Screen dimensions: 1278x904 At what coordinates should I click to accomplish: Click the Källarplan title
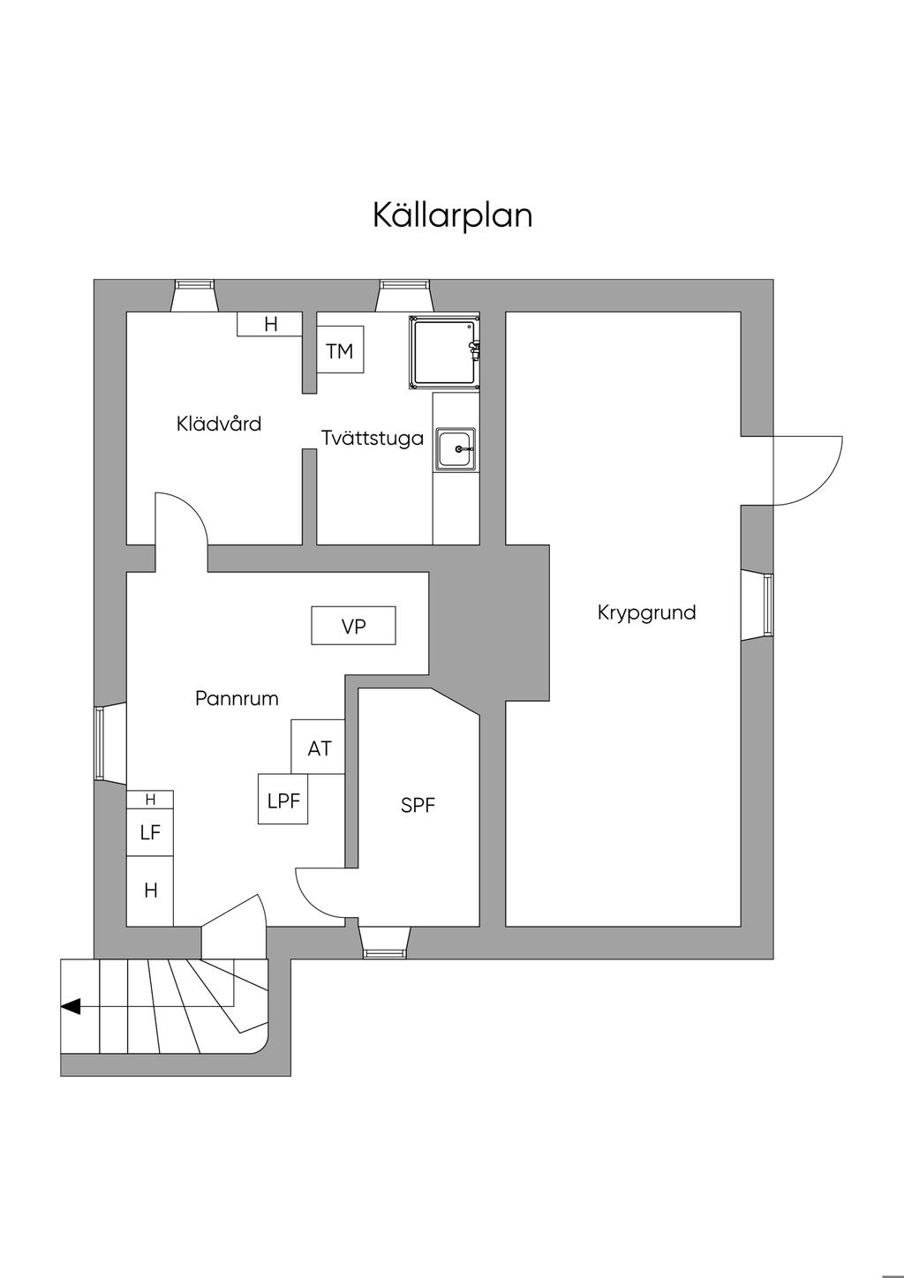click(452, 214)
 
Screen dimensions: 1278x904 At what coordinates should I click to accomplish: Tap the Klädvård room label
click(219, 424)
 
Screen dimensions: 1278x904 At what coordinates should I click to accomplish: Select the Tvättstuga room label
click(373, 438)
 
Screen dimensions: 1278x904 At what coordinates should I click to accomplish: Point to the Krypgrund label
click(646, 613)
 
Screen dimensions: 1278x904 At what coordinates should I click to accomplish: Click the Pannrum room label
click(237, 699)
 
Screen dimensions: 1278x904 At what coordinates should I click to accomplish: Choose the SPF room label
click(418, 805)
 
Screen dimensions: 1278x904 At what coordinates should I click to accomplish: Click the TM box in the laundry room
click(340, 351)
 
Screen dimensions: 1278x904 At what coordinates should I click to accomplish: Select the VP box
click(353, 627)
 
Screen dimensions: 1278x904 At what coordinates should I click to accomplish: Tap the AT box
click(319, 748)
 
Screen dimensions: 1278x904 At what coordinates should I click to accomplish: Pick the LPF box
click(283, 801)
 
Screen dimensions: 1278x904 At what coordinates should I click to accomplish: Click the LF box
click(150, 832)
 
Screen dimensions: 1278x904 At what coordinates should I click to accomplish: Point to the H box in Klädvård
click(270, 325)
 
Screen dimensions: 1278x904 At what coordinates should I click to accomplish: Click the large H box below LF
click(150, 891)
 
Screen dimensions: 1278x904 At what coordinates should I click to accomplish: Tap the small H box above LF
click(150, 800)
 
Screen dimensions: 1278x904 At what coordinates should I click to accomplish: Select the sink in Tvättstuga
click(456, 450)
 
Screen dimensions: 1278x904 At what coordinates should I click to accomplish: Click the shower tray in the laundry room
click(444, 351)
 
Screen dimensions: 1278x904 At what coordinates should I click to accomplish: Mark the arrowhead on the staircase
click(71, 1006)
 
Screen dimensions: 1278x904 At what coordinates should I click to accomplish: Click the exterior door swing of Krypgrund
click(808, 470)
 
